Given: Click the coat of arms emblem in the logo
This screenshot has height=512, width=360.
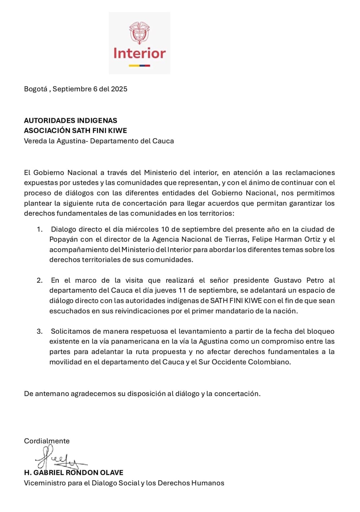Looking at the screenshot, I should (140, 33).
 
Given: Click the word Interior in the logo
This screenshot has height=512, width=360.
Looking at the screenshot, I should (140, 53).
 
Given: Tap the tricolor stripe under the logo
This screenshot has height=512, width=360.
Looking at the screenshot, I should (140, 66).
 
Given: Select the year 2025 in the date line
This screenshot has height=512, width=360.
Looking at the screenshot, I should (119, 89).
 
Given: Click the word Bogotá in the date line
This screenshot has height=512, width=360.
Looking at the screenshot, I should (36, 89).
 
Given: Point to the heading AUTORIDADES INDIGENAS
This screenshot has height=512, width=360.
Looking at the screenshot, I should (71, 120).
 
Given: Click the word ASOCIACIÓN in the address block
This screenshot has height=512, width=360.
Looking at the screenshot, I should (47, 130).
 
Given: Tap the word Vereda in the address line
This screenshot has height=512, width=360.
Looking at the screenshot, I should (35, 141).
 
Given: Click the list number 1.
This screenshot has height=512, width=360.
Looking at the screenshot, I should (39, 229).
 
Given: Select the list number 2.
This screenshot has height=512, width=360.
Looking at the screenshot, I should (40, 280).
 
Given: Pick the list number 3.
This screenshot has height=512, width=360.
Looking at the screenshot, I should (40, 331).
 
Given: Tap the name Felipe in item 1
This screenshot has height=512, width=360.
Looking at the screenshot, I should (262, 239).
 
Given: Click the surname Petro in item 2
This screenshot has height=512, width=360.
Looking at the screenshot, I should (315, 280).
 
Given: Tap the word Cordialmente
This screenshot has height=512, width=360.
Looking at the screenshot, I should (47, 441).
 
